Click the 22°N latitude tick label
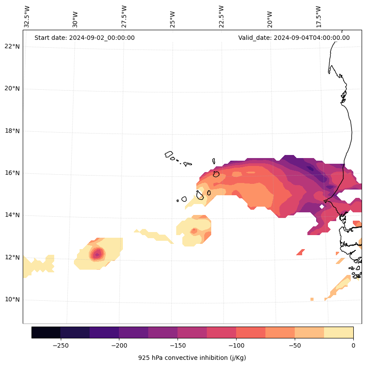click(11, 46)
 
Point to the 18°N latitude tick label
click(11, 131)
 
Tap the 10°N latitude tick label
click(11, 300)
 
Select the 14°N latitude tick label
click(11, 215)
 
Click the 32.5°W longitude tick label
click(27, 17)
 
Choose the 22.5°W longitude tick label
click(221, 17)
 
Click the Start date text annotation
click(84, 38)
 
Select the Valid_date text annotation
click(294, 38)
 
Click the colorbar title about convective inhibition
click(192, 358)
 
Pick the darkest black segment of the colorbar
click(46, 332)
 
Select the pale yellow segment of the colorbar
click(338, 332)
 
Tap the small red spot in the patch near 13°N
click(194, 230)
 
